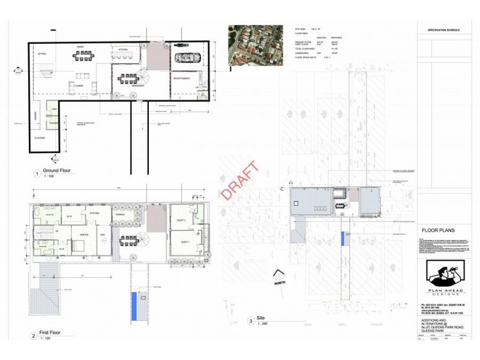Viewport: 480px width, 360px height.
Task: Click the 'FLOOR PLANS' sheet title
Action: [x=439, y=230]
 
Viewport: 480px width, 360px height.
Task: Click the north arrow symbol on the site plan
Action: [x=278, y=275]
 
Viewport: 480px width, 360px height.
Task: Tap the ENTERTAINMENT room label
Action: [x=182, y=79]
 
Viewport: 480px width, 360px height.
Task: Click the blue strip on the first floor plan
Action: [x=133, y=306]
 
